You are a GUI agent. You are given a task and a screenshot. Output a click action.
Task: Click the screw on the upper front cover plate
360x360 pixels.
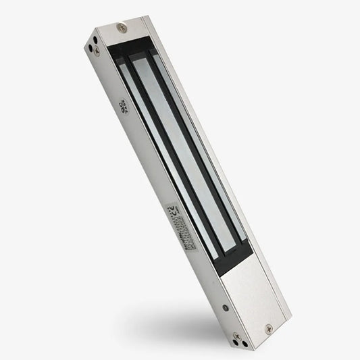pyautogui.click(x=121, y=28)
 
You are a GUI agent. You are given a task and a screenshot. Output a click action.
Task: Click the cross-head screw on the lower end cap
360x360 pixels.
pyautogui.click(x=236, y=335)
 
